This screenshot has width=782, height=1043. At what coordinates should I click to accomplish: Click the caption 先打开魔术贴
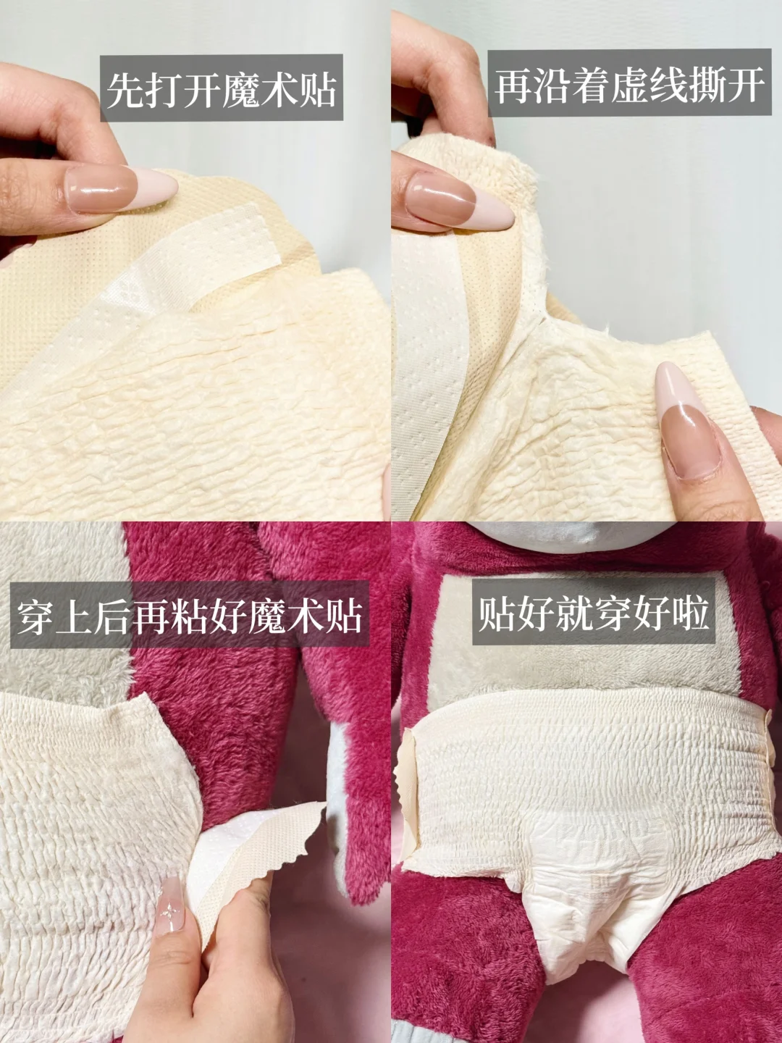[222, 89]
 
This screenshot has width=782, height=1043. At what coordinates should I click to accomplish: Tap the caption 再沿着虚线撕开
[630, 85]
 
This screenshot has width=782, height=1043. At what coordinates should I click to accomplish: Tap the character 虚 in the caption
[630, 85]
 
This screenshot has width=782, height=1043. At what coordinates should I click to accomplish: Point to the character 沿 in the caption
[552, 85]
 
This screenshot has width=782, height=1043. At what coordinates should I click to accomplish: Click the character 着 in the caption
[591, 85]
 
